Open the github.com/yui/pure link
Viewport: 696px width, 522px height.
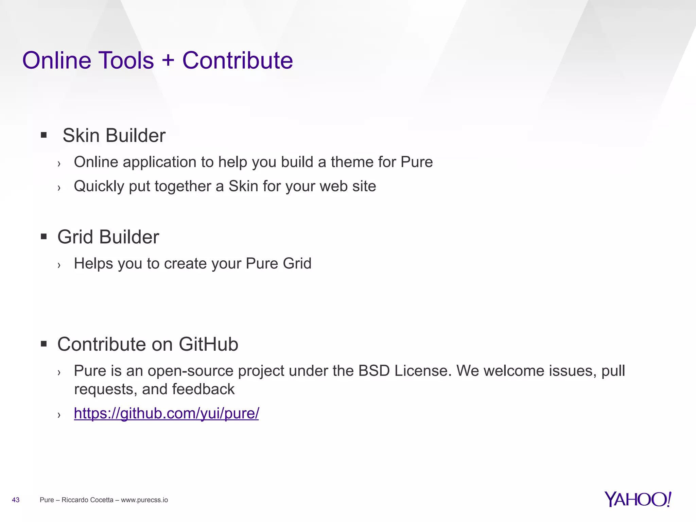[166, 413]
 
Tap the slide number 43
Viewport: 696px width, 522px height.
[16, 500]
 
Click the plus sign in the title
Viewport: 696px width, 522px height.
[168, 60]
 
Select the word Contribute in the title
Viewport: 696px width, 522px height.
[238, 60]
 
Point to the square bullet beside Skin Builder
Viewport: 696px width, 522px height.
[43, 135]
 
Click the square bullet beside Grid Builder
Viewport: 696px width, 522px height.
[43, 237]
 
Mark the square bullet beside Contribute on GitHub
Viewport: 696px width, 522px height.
[43, 344]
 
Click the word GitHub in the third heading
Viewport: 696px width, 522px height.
[208, 344]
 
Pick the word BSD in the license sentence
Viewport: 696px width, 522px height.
[374, 370]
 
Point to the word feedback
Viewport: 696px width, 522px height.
[203, 389]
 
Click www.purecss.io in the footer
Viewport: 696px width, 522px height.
[144, 500]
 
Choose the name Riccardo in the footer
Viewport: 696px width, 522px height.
[74, 500]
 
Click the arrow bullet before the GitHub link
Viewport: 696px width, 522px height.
[59, 415]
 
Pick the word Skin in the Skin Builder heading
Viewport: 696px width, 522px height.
[81, 135]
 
